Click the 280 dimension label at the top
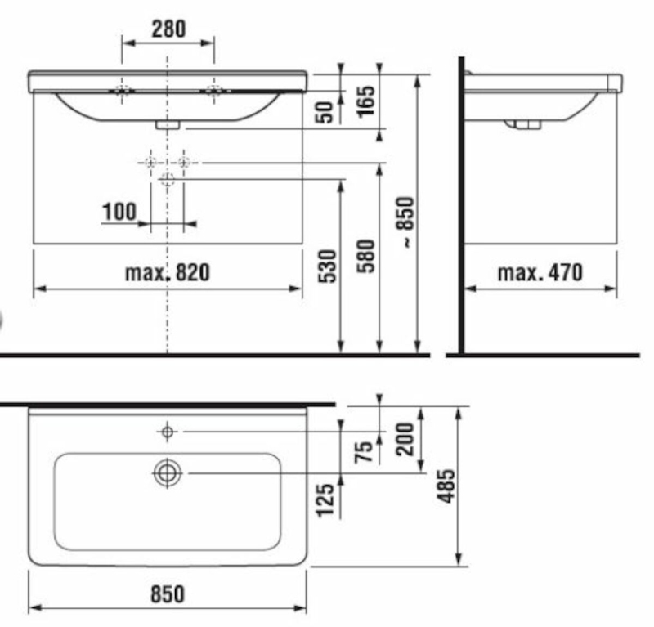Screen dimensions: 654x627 (x=168, y=29)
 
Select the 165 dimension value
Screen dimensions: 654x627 (x=365, y=102)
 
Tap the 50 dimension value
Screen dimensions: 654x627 (x=325, y=112)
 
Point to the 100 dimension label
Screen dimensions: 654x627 (x=119, y=212)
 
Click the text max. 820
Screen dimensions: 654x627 (x=168, y=273)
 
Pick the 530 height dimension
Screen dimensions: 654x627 (x=327, y=266)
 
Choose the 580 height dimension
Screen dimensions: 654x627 (x=365, y=256)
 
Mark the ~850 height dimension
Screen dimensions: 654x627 (x=405, y=222)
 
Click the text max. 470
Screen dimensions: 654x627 (x=540, y=273)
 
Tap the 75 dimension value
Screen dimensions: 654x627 (x=364, y=451)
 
